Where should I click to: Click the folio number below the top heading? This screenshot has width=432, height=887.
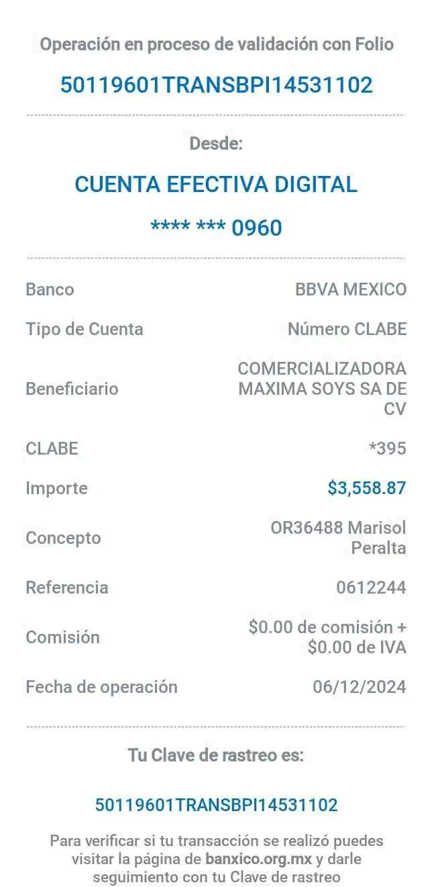(216, 85)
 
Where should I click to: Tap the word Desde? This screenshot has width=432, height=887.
(216, 144)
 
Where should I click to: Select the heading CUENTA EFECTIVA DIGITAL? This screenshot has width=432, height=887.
(216, 184)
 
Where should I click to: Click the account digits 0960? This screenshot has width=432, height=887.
(257, 228)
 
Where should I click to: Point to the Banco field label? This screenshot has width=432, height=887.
(50, 290)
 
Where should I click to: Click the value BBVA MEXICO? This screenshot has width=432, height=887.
(351, 290)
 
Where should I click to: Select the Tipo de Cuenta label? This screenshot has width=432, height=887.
(85, 329)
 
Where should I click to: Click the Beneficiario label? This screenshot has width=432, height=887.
(72, 388)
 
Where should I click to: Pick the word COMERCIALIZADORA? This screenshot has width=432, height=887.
(322, 369)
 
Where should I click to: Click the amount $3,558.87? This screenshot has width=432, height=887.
(367, 487)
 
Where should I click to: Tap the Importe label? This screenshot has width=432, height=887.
(56, 488)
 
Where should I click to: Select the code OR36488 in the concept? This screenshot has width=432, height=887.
(307, 528)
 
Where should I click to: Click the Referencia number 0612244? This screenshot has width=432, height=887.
(372, 588)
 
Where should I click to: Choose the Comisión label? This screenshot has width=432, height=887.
(64, 637)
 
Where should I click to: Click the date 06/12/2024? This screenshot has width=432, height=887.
(360, 687)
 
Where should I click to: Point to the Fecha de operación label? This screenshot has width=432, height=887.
(101, 687)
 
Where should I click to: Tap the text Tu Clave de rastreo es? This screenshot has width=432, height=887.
(216, 755)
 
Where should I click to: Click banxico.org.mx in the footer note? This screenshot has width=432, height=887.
(258, 859)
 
